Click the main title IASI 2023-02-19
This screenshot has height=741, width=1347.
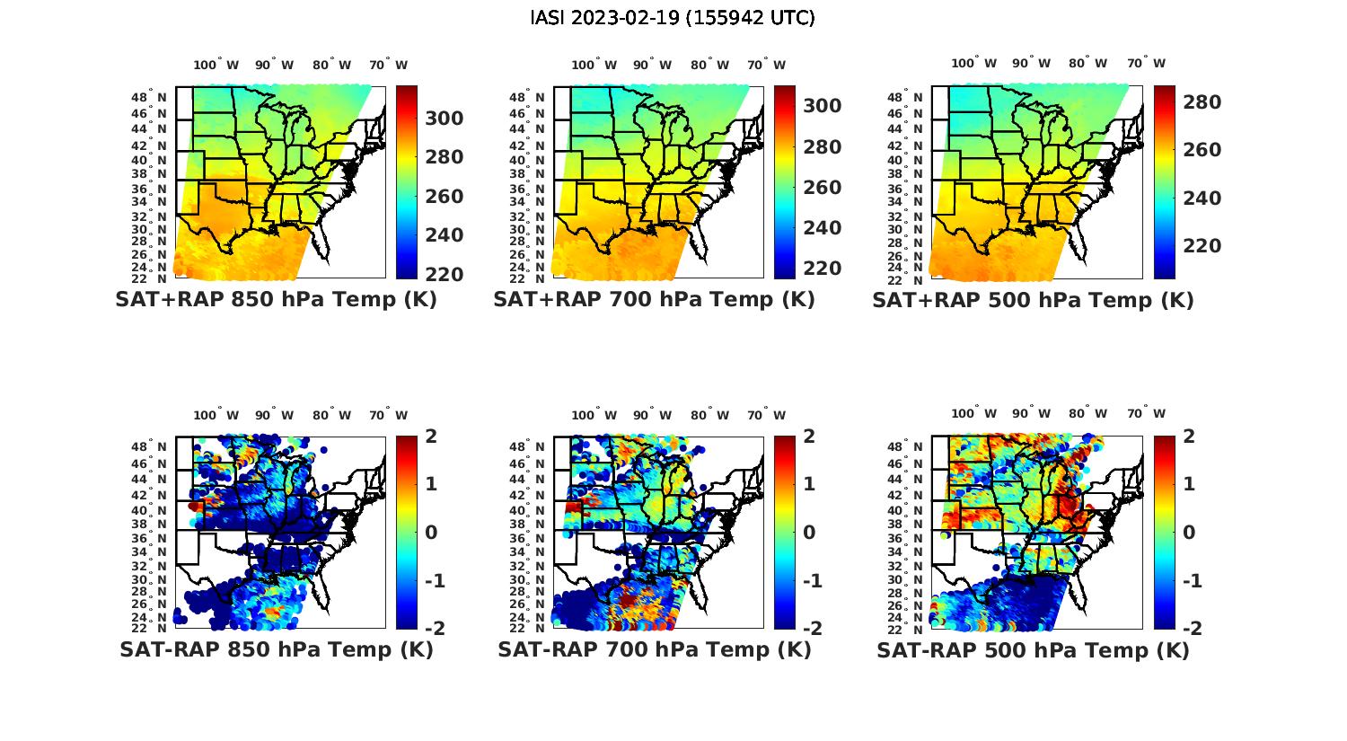pos(673,18)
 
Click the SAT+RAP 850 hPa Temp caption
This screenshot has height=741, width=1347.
pos(276,299)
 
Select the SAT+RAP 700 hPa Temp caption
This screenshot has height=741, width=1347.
pos(654,299)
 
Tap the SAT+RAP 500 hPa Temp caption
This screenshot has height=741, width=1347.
pos(1033,300)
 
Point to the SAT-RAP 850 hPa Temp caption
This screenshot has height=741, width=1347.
pos(276,649)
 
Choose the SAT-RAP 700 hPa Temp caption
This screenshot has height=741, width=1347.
pos(655,649)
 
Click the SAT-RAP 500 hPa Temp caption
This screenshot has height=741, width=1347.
pos(1033,650)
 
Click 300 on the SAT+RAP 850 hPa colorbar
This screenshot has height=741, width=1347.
pos(445,119)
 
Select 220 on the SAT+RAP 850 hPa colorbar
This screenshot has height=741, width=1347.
pos(445,274)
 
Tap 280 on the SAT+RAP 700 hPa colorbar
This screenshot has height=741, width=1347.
pos(823,147)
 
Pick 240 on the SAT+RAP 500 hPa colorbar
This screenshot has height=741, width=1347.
pos(1202,198)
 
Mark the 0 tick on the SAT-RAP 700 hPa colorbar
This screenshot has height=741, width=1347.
pos(809,532)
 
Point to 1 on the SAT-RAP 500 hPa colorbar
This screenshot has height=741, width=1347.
pos(1189,484)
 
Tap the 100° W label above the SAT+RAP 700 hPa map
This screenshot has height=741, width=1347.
pos(594,65)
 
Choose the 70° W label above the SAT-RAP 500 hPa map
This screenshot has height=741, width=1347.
pos(1146,414)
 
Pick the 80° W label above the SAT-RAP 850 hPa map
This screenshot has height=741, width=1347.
pos(326,416)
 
